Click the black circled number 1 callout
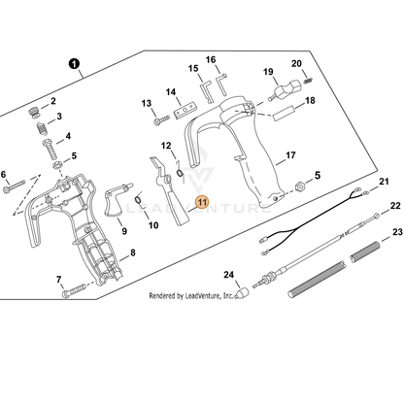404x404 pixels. [x=74, y=63]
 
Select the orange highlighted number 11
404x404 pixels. [x=202, y=202]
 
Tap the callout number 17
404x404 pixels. [x=290, y=155]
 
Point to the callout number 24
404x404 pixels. [x=228, y=275]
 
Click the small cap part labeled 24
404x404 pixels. [x=242, y=292]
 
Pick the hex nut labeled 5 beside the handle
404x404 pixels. [x=300, y=186]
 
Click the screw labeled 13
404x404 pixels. [x=161, y=120]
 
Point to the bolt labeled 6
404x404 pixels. [x=15, y=186]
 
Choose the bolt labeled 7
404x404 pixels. [x=74, y=290]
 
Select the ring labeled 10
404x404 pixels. [x=138, y=199]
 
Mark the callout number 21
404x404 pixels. [x=384, y=182]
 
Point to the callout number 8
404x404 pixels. [x=132, y=252]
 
